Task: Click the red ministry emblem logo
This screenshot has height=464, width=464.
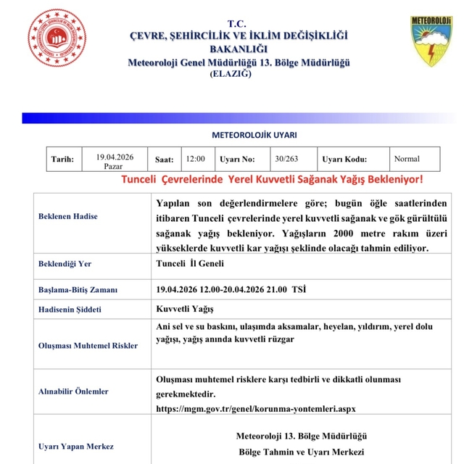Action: click(x=57, y=38)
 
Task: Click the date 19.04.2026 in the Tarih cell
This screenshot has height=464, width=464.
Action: click(x=115, y=156)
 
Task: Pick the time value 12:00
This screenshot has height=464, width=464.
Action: click(x=195, y=159)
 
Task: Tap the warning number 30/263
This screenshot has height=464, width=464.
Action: click(x=286, y=159)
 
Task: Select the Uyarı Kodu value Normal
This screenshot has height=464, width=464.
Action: click(x=406, y=159)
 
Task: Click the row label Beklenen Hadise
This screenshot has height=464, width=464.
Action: click(x=68, y=216)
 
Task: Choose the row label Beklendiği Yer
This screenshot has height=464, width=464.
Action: click(x=66, y=264)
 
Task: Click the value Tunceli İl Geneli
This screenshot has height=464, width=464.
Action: click(x=190, y=263)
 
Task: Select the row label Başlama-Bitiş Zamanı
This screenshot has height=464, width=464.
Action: click(x=78, y=290)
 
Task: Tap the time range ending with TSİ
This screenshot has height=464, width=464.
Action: click(x=231, y=289)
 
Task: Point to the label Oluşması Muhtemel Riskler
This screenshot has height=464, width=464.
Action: click(x=88, y=345)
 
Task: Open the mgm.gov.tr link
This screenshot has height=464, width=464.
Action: click(x=256, y=408)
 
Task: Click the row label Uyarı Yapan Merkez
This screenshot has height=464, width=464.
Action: click(x=76, y=446)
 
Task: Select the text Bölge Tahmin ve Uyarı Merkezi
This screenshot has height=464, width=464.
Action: click(x=302, y=451)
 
